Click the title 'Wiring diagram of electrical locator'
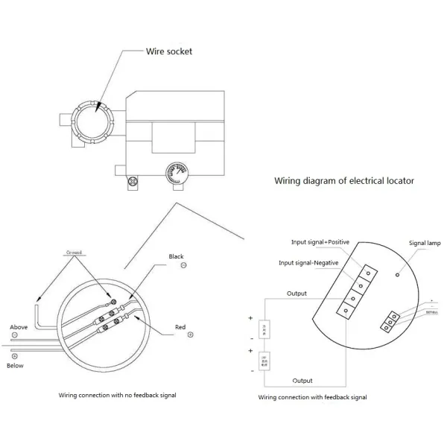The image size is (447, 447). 344,180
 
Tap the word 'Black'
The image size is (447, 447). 176,256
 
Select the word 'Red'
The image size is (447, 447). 180,326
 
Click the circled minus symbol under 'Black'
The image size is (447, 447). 184,265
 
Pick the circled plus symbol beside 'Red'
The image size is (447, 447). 191,335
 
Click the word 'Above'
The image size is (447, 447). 19,327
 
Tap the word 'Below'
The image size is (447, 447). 16,366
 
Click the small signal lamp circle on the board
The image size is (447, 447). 398,274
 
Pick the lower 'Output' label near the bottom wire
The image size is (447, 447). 302,380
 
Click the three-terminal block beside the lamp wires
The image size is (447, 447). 388,321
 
